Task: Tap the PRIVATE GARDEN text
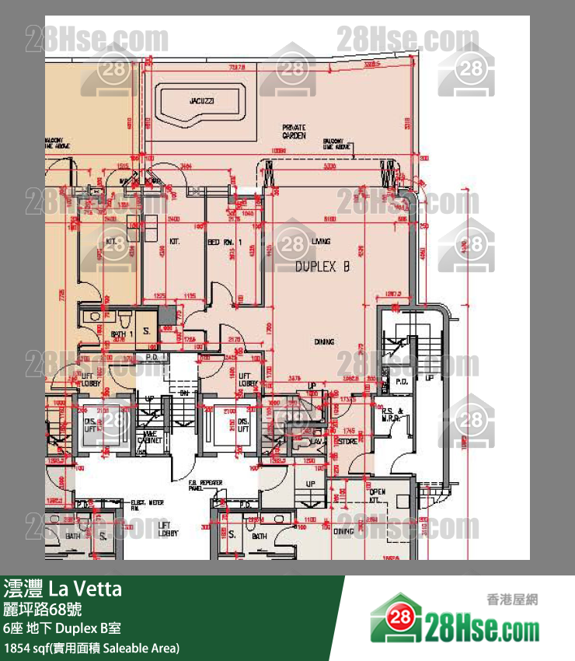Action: pyautogui.click(x=294, y=131)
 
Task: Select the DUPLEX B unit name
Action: pyautogui.click(x=322, y=267)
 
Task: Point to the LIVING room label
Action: pyautogui.click(x=321, y=242)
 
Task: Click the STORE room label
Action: pyautogui.click(x=347, y=442)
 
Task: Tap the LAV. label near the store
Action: pyautogui.click(x=317, y=441)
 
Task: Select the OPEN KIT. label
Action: pyautogui.click(x=377, y=496)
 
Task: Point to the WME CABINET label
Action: pyautogui.click(x=149, y=437)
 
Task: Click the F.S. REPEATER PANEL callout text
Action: pyautogui.click(x=206, y=486)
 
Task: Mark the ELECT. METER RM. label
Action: pyautogui.click(x=145, y=505)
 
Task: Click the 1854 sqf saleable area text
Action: pyautogui.click(x=92, y=647)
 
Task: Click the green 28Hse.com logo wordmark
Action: pyautogui.click(x=482, y=626)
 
